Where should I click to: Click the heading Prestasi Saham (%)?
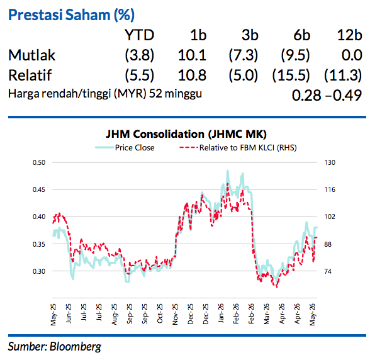click(x=71, y=15)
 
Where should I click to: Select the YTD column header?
click(x=139, y=35)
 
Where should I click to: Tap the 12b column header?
click(x=349, y=35)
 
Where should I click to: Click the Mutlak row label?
click(x=31, y=55)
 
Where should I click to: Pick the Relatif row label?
click(x=30, y=75)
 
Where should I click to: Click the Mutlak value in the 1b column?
click(x=192, y=55)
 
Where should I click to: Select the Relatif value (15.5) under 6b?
click(x=291, y=76)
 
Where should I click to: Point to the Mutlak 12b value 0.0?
click(x=352, y=55)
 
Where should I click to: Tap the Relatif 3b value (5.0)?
click(x=244, y=76)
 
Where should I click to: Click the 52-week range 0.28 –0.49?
click(x=327, y=95)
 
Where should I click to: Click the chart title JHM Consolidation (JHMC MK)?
click(x=186, y=134)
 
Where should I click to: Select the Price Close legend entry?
click(x=125, y=147)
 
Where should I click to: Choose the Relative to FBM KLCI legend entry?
click(x=238, y=147)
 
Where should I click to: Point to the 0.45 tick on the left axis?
click(x=39, y=189)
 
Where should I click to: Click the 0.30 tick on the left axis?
click(x=39, y=271)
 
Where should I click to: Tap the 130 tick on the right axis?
click(x=330, y=162)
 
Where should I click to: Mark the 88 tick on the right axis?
click(x=328, y=244)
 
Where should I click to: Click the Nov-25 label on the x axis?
click(x=175, y=314)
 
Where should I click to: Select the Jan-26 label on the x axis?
click(x=221, y=313)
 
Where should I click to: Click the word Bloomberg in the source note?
click(x=76, y=347)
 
